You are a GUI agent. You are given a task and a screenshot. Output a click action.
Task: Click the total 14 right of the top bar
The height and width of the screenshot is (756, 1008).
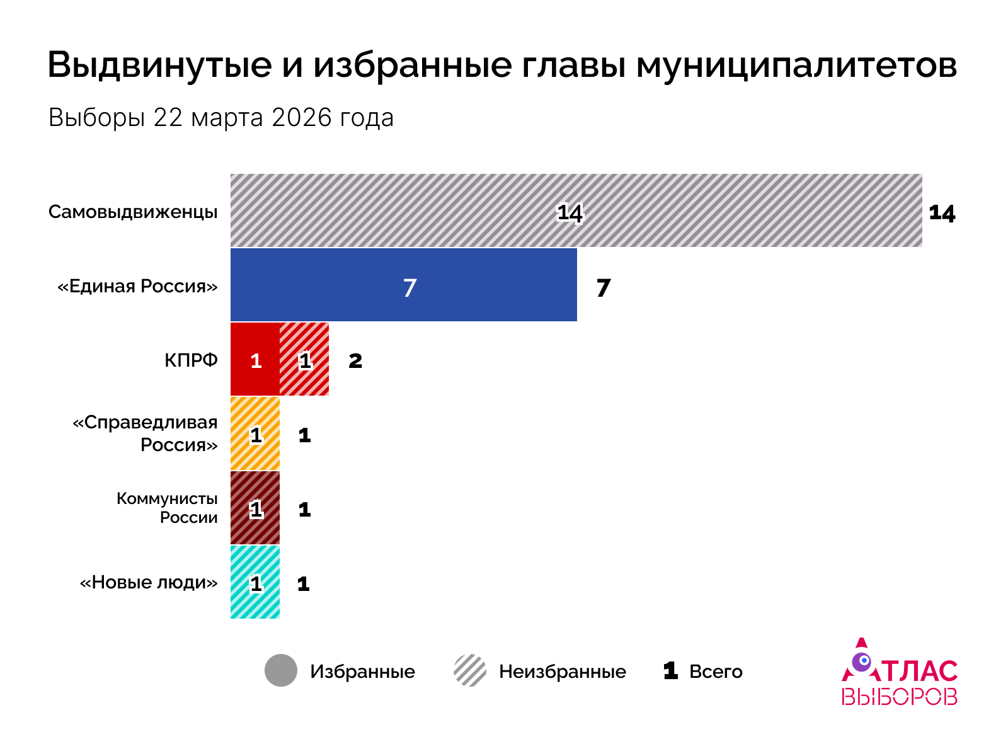[x=942, y=214]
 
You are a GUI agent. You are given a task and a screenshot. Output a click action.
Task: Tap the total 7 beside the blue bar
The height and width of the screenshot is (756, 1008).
[x=603, y=288]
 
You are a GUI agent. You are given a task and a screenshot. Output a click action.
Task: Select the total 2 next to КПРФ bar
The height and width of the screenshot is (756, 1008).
[x=355, y=361]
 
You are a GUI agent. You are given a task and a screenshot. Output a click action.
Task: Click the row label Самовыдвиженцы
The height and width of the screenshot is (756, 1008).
[x=133, y=212]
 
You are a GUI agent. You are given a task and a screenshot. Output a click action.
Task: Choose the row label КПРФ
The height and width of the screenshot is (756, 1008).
[x=191, y=360]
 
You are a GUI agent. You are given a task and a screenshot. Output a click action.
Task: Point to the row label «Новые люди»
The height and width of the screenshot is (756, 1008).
[x=149, y=582]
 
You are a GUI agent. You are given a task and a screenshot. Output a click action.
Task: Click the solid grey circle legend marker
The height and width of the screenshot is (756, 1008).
[x=281, y=670]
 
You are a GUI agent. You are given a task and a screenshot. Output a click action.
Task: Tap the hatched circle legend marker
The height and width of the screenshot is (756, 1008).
[x=470, y=670]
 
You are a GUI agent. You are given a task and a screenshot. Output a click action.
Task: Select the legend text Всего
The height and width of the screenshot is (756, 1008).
[x=716, y=672]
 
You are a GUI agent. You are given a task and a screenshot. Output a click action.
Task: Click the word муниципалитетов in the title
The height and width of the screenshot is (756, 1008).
[x=796, y=65]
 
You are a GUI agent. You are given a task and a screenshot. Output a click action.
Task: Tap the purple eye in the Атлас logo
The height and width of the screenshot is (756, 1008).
[x=862, y=661]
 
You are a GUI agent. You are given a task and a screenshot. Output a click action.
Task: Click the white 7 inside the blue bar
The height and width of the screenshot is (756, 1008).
[x=409, y=288]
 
